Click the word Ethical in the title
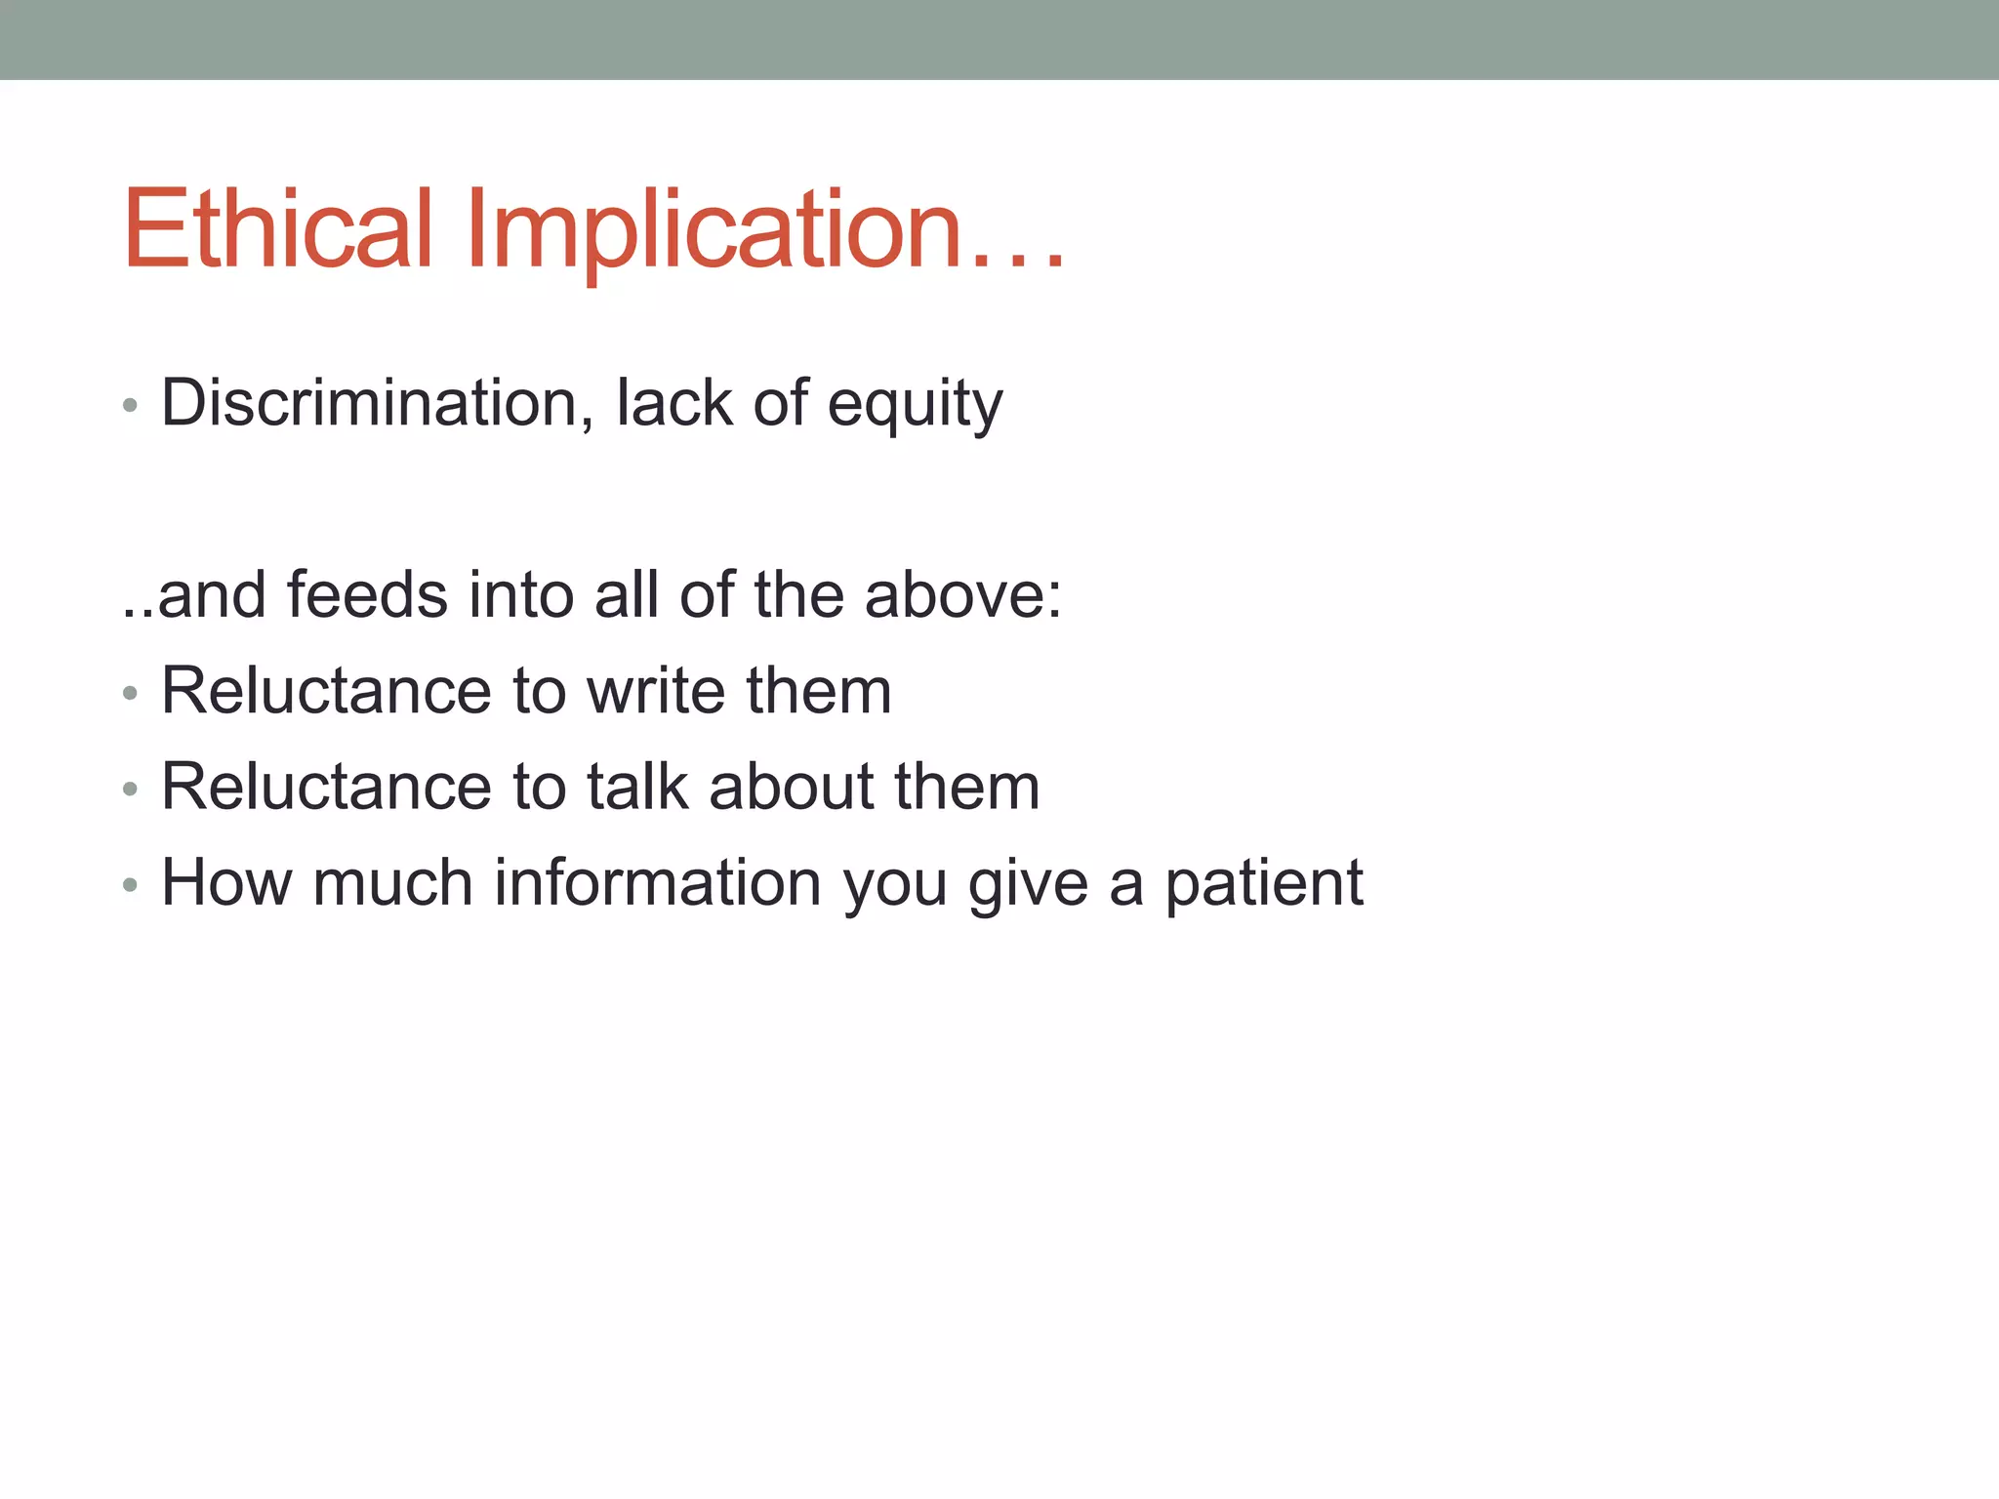277,229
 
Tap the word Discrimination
370,402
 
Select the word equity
915,404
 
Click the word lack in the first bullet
673,402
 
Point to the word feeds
367,594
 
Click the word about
792,787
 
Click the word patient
1264,884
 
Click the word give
1028,884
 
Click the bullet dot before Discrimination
130,405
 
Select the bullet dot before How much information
130,885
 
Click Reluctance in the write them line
326,691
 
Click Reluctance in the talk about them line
326,787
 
